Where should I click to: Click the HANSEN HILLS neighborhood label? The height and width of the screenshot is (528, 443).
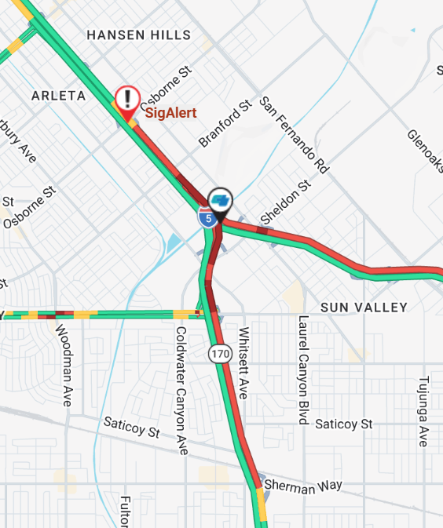139,35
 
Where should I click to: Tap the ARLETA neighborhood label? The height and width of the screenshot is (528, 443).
58,96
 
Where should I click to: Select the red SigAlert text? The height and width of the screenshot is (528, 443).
170,113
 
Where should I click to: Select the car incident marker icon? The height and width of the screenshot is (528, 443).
222,200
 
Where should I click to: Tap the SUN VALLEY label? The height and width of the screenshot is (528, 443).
364,308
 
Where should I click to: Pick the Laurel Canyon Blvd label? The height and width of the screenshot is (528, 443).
302,370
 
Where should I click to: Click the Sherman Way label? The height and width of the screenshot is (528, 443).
303,486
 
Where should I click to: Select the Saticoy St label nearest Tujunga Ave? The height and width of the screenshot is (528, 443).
343,424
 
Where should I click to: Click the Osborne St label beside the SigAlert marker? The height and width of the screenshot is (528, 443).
165,85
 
